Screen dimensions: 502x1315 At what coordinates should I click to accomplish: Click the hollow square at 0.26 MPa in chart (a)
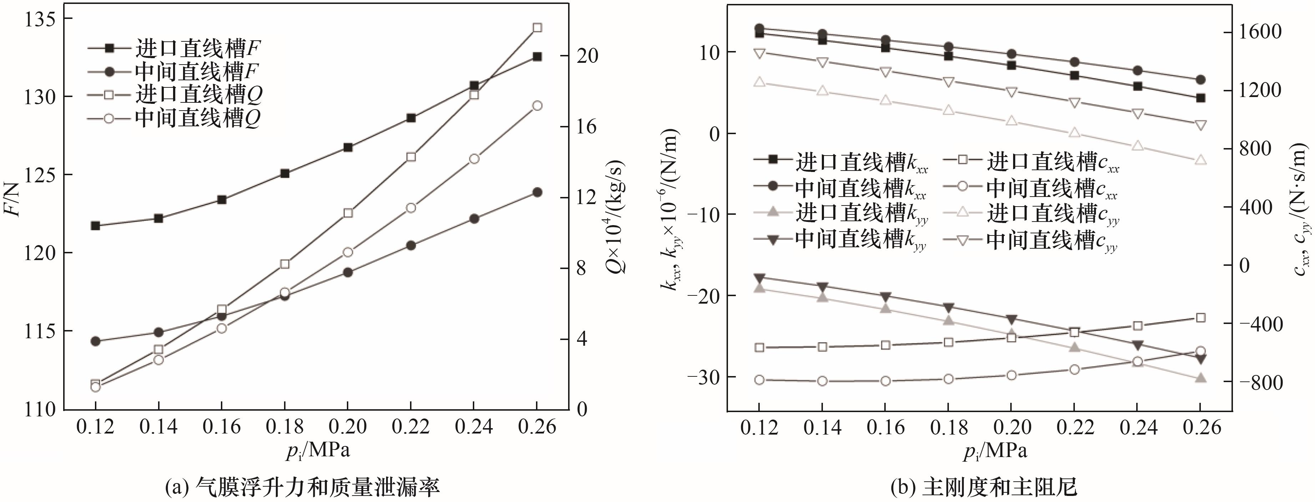pos(537,27)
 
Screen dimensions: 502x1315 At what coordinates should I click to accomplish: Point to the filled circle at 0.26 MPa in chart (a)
pos(537,192)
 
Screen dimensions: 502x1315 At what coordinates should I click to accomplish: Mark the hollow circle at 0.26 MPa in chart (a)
pos(537,106)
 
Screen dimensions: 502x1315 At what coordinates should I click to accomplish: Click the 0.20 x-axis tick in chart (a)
pos(348,426)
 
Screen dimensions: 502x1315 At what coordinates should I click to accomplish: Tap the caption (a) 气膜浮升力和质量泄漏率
pos(302,487)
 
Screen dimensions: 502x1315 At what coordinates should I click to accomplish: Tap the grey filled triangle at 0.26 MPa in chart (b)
pos(1201,378)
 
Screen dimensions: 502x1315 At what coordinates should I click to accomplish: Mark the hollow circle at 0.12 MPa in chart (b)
pos(759,380)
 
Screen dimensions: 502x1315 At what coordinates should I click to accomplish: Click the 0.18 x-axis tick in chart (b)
pos(949,426)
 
